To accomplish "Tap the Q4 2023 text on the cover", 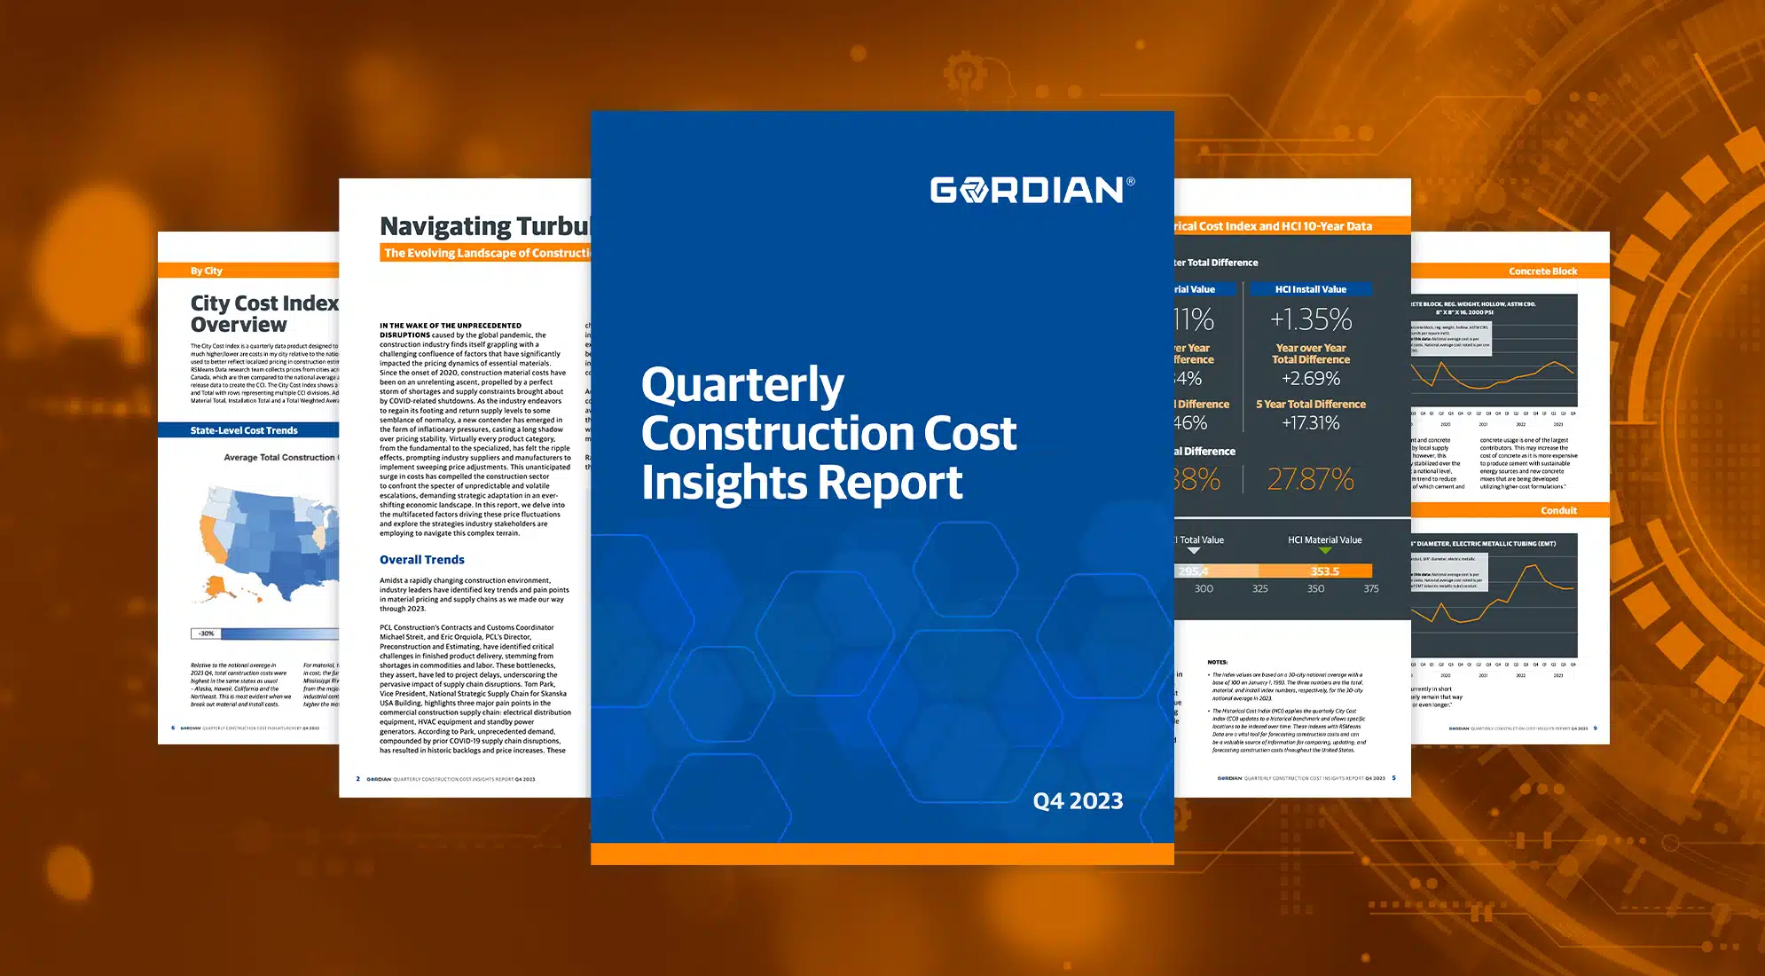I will [1078, 801].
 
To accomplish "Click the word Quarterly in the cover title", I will [742, 385].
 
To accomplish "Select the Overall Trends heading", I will [422, 560].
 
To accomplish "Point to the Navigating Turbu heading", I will [484, 227].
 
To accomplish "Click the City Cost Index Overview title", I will [263, 314].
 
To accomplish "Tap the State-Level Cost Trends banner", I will [244, 430].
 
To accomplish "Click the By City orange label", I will [206, 271].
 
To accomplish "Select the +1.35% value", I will [1311, 319].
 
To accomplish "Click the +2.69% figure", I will [1311, 379].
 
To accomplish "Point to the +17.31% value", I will [1311, 423].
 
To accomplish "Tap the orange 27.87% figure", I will [1311, 479].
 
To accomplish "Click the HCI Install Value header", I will [1311, 289].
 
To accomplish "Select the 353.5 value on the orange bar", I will [1324, 571].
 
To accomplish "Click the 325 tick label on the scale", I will [1259, 588].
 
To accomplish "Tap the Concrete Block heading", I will [1542, 272].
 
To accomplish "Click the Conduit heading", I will [1558, 510].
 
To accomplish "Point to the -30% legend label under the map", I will [206, 634].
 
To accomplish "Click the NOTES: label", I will [1218, 662].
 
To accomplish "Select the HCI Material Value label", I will [1324, 539].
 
